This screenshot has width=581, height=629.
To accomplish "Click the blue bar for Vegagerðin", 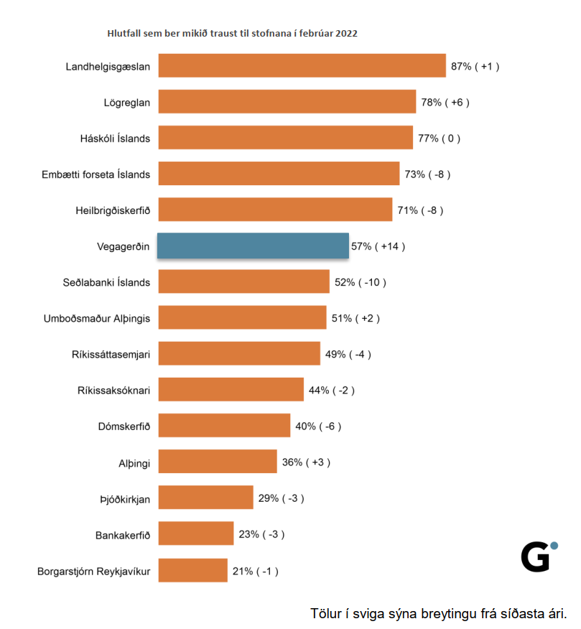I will pos(253,246).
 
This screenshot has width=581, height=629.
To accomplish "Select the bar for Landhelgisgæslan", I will pos(302,65).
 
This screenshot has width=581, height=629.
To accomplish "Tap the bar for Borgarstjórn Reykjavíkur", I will pos(192,571).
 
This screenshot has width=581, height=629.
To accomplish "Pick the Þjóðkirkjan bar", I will pos(205,498).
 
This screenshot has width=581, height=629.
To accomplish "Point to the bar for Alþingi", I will pos(218,462).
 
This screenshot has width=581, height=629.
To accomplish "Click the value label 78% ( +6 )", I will pos(445,102).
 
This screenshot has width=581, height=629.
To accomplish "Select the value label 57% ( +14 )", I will pos(378,246).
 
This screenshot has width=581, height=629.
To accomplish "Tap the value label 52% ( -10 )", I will pos(361,282).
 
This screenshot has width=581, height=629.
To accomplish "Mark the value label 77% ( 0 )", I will pos(440,138).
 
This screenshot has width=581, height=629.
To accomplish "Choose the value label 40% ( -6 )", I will pos(318,427).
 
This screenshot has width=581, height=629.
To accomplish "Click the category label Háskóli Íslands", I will pos(115,138).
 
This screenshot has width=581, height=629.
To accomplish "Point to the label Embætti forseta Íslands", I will pos(96,174).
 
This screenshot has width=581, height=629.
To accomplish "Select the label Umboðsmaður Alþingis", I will pos(97,318).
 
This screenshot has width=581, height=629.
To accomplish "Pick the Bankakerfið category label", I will pos(123,535).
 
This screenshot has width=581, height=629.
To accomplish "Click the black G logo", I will pos(536,557).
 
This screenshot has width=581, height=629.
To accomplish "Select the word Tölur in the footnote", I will pos(326,614).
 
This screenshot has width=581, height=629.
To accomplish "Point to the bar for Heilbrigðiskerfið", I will pos(275,210).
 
